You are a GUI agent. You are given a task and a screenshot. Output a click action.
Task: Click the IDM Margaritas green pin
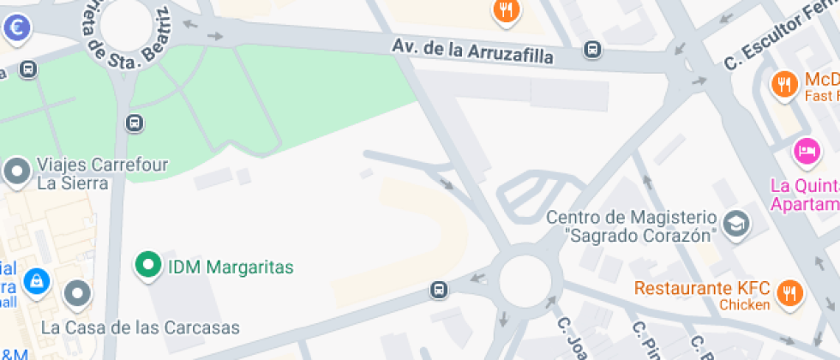[148, 265]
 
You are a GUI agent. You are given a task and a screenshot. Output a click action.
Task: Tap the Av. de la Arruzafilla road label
[472, 51]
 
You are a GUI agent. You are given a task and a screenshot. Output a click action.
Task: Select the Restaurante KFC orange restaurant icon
[789, 293]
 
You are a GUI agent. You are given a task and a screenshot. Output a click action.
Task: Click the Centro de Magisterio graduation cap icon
[735, 225]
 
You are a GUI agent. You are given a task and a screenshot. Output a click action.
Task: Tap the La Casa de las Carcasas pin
[78, 293]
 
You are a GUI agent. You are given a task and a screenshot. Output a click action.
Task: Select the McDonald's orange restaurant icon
[783, 84]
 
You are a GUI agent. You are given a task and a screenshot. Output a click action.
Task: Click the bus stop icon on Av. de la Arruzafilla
[591, 50]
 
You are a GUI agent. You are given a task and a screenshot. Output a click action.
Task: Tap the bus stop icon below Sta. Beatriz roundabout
[134, 123]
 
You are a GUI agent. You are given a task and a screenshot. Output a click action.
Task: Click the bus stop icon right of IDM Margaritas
[439, 291]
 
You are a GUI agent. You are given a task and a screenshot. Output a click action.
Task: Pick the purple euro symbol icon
[16, 27]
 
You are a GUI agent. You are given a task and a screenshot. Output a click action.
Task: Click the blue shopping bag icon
[36, 280]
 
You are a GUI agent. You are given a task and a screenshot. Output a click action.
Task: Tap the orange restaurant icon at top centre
[507, 10]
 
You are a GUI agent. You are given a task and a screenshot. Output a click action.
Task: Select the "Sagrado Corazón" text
[639, 235]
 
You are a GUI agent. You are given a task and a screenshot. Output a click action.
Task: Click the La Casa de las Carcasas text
[141, 327]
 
